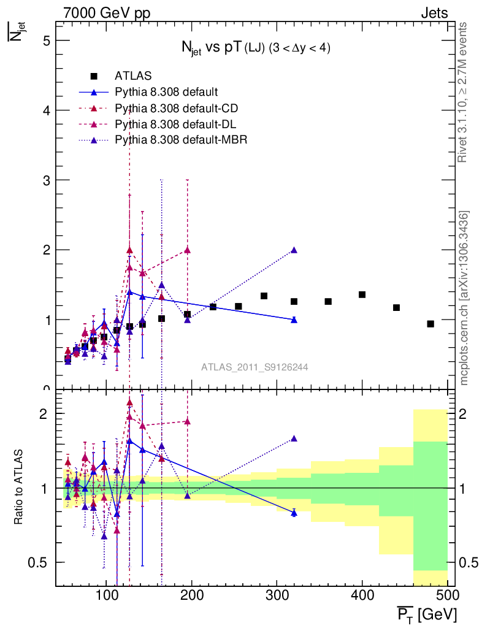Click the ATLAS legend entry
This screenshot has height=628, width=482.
tap(132, 76)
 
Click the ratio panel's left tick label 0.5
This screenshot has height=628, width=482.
tap(40, 562)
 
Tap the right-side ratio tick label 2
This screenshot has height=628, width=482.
tap(469, 414)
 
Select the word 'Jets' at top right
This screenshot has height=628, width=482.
tap(434, 13)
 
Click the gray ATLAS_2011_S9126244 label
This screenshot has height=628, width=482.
tap(254, 367)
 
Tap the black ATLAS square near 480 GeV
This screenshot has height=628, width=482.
tap(430, 324)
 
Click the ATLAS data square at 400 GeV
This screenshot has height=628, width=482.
tap(362, 295)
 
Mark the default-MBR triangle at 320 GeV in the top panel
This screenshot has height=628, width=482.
tap(294, 250)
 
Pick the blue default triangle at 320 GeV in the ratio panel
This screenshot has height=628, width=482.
tap(294, 513)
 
